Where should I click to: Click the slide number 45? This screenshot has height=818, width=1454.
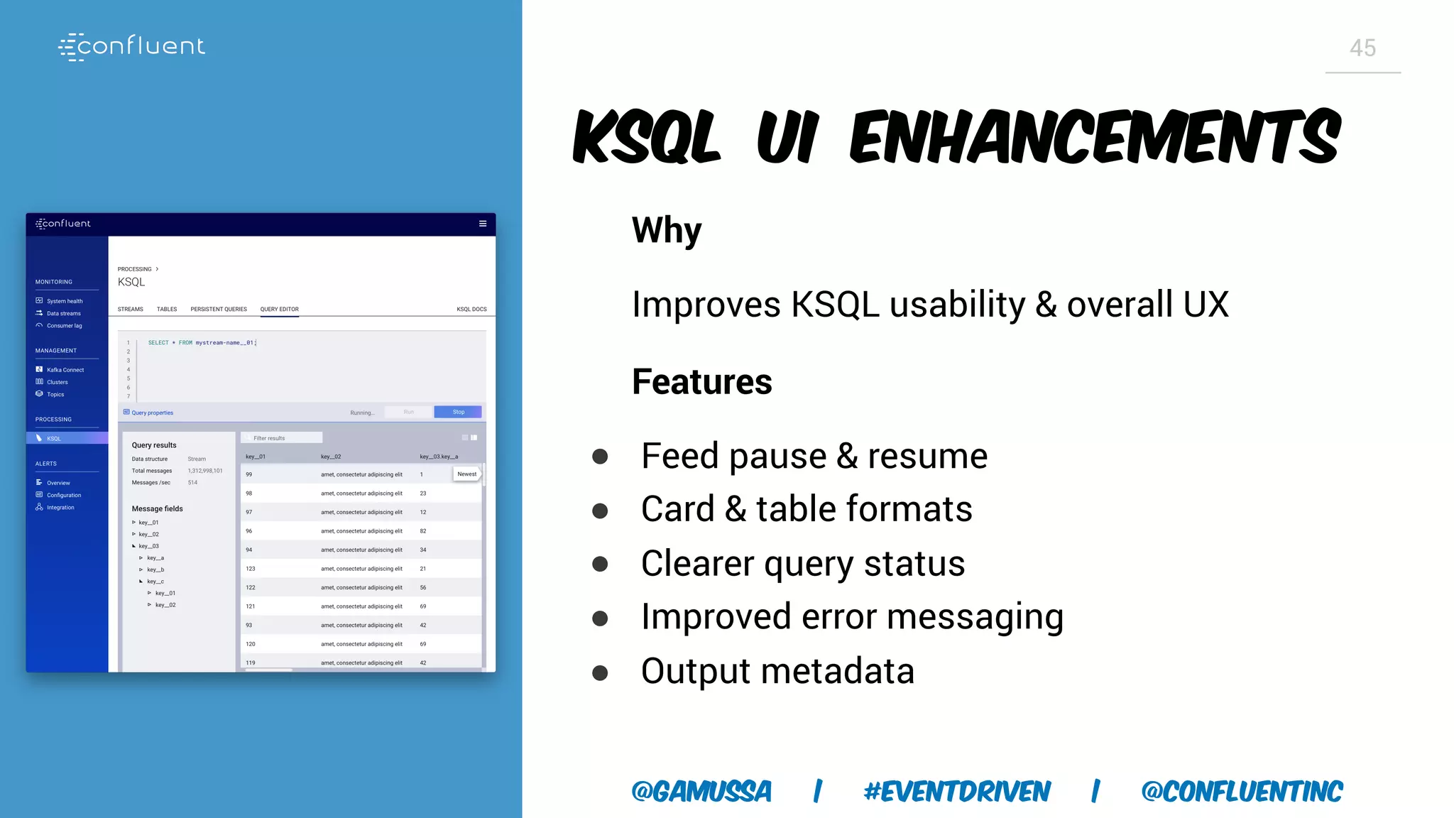click(x=1362, y=48)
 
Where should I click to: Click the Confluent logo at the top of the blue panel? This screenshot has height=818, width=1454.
click(x=132, y=46)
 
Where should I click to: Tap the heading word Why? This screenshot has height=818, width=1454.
click(x=666, y=231)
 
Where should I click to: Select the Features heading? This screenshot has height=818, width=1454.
click(x=701, y=382)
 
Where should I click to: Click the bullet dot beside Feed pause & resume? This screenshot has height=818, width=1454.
click(x=600, y=457)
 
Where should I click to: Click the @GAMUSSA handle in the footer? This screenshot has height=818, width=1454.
click(x=701, y=791)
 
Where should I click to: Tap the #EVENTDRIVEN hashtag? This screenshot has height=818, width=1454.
click(x=956, y=791)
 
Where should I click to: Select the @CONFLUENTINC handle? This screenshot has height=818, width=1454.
click(x=1242, y=791)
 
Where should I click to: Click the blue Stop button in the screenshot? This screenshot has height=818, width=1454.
click(x=458, y=412)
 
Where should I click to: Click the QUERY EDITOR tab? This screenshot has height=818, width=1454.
click(x=279, y=310)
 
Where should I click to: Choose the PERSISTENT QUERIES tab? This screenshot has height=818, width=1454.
click(x=219, y=310)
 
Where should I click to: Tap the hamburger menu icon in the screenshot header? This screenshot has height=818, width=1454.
click(x=483, y=224)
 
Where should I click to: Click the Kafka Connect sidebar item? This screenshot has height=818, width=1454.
click(x=65, y=370)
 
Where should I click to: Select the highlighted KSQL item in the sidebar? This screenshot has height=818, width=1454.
click(x=54, y=439)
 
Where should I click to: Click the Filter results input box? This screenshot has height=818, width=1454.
click(x=282, y=438)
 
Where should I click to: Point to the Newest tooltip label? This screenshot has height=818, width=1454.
click(x=466, y=474)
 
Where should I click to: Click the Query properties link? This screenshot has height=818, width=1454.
click(x=151, y=413)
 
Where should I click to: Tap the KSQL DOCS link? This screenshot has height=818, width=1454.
click(x=471, y=310)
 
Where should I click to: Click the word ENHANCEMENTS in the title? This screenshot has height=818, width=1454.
click(x=1095, y=136)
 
